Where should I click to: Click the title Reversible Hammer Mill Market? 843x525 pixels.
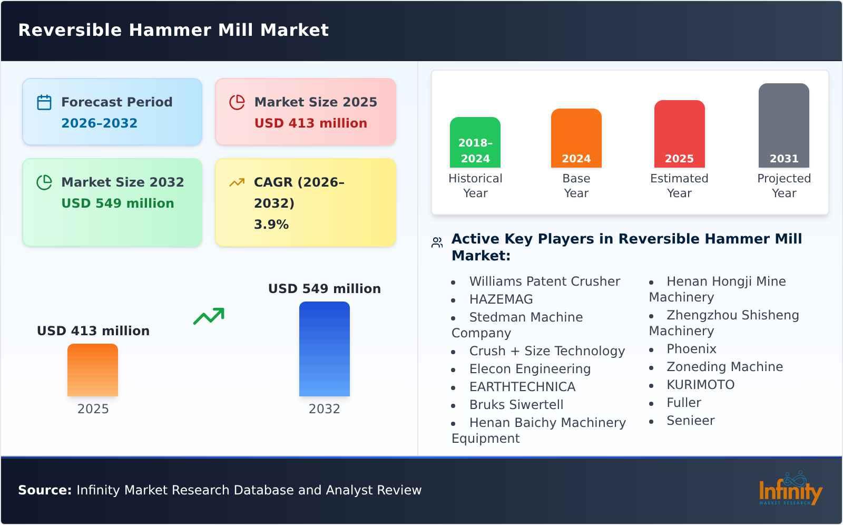[173, 30]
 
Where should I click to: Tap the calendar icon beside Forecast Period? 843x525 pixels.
[44, 102]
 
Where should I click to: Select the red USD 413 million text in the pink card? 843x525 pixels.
[310, 123]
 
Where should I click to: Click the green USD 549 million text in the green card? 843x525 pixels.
[117, 203]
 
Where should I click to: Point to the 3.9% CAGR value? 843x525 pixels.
[271, 225]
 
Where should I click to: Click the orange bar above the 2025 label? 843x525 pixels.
[93, 370]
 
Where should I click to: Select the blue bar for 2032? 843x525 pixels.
[324, 349]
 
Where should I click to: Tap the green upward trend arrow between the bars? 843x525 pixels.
[209, 316]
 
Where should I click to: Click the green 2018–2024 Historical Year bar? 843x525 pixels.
[475, 142]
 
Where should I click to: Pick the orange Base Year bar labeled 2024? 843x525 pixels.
[576, 138]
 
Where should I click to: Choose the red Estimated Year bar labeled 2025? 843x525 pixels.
[679, 134]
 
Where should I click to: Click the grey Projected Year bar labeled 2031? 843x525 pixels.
[783, 125]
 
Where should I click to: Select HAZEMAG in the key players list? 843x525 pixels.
[501, 299]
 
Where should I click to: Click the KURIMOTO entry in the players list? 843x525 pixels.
[700, 385]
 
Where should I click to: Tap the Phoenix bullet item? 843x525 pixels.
[691, 349]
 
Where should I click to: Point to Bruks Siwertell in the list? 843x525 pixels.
[516, 405]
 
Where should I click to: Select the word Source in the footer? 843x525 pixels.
[44, 490]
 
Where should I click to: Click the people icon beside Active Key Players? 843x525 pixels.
[437, 242]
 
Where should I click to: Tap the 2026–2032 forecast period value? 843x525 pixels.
[99, 123]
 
